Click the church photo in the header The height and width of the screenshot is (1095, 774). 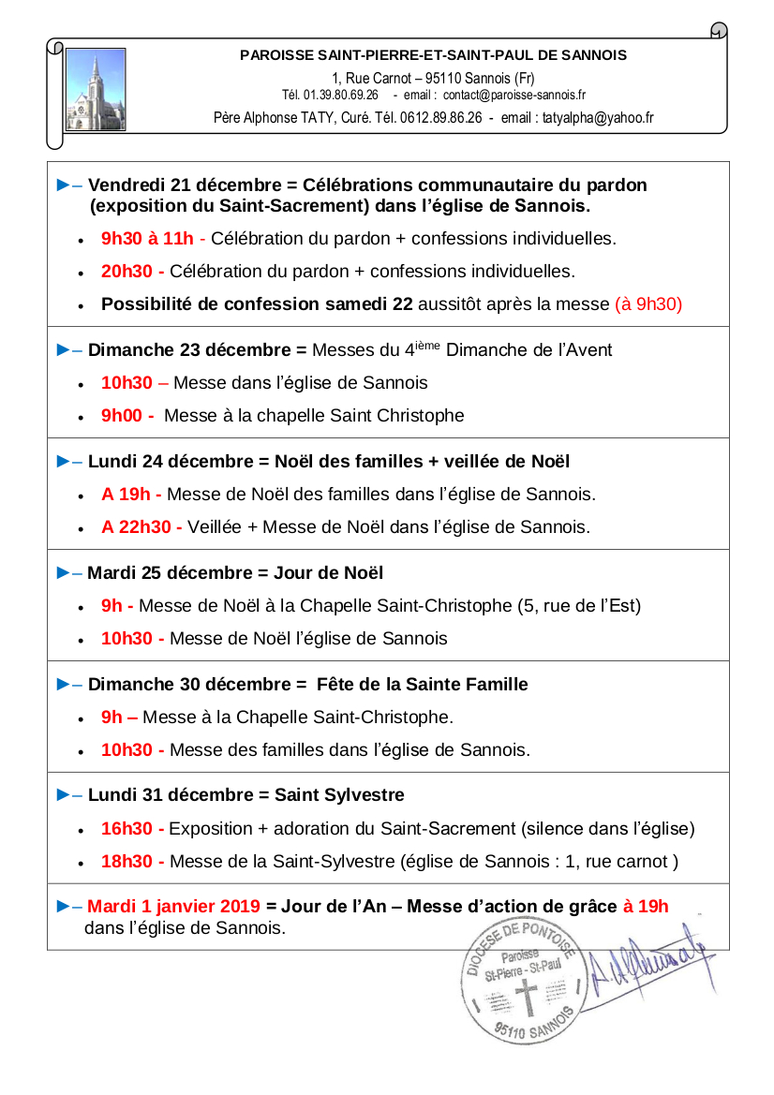pyautogui.click(x=96, y=90)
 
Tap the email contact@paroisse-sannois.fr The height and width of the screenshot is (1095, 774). pyautogui.click(x=514, y=96)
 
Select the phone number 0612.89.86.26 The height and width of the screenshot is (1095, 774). pyautogui.click(x=440, y=118)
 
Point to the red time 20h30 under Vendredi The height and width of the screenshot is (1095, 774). pyautogui.click(x=131, y=272)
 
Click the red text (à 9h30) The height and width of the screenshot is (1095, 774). pyautogui.click(x=648, y=304)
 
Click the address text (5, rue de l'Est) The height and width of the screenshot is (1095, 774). pyautogui.click(x=579, y=606)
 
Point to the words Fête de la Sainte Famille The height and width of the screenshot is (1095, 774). pyautogui.click(x=423, y=685)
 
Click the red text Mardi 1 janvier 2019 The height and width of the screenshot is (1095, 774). pyautogui.click(x=173, y=906)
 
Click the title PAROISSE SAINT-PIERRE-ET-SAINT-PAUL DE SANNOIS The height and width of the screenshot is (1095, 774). pyautogui.click(x=434, y=55)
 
